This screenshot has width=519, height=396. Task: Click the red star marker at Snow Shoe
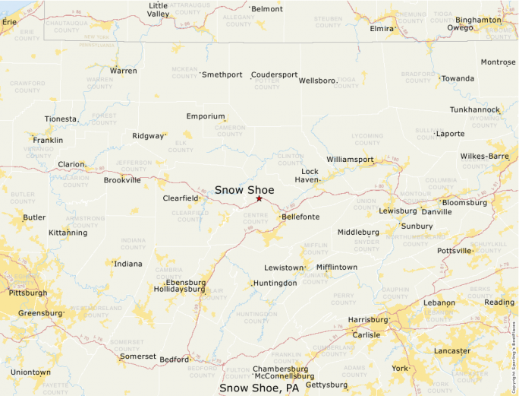point(259,198)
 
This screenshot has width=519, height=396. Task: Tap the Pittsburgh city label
point(27,293)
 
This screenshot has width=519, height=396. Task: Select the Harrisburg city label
point(367,320)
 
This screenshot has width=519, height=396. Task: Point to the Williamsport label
point(350,160)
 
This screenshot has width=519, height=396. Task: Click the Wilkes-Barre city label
point(484,156)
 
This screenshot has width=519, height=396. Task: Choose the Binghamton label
point(478,20)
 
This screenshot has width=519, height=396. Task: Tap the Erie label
point(9,22)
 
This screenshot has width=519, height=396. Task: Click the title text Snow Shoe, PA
point(259,388)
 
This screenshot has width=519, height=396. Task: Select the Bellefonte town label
point(300,217)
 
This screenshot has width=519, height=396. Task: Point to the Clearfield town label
point(181,198)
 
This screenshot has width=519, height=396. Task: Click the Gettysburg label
point(326,385)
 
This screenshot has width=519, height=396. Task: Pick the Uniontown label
point(30,372)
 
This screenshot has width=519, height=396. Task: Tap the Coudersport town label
point(275,74)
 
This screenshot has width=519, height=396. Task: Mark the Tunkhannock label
point(474,109)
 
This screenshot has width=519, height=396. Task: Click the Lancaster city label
point(452,351)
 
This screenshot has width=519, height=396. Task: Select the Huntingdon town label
point(275,283)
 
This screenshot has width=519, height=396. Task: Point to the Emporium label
point(206,116)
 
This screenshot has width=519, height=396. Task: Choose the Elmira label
point(382,29)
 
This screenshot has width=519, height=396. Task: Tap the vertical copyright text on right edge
point(514,350)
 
